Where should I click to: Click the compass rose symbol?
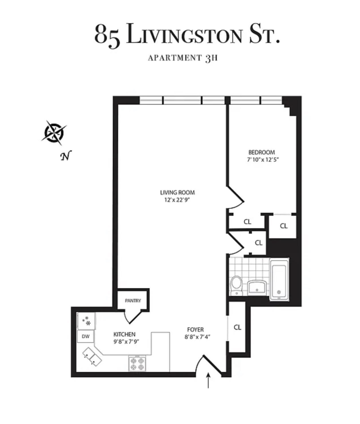(x=54, y=132)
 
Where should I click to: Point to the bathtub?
(x=280, y=279)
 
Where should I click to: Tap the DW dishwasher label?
(x=85, y=337)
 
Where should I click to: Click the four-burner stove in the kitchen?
(x=137, y=363)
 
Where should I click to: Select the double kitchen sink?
(x=91, y=357)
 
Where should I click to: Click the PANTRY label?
(x=133, y=300)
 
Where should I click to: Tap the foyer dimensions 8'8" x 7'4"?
(x=197, y=337)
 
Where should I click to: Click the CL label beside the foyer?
(x=237, y=327)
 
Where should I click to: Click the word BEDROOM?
(x=262, y=152)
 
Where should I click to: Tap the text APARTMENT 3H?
(x=182, y=58)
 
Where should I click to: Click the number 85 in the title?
(x=107, y=35)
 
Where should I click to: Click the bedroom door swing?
(x=235, y=198)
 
